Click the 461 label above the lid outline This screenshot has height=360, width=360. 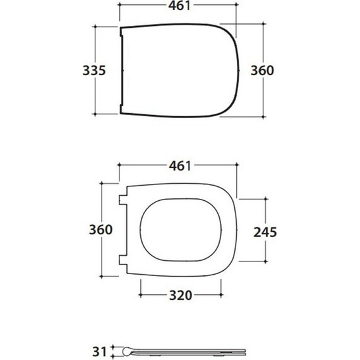click(x=179, y=6)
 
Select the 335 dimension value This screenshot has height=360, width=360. click(x=94, y=71)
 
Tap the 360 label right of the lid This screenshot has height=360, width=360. click(x=262, y=71)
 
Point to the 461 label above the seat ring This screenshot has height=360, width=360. click(x=180, y=165)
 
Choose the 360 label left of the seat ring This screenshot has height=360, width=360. click(x=101, y=230)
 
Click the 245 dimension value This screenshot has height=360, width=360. click(x=265, y=232)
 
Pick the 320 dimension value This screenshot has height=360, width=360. click(x=181, y=296)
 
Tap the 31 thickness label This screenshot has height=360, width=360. click(x=99, y=352)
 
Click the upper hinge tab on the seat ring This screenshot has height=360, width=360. click(x=123, y=200)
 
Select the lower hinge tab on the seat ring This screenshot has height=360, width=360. click(x=123, y=260)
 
